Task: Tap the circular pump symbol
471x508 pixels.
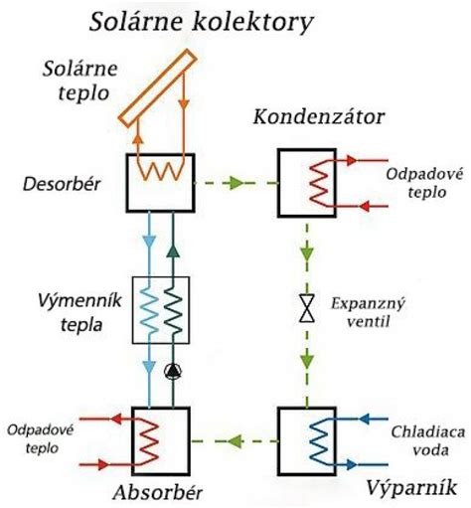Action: [x=173, y=374]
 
